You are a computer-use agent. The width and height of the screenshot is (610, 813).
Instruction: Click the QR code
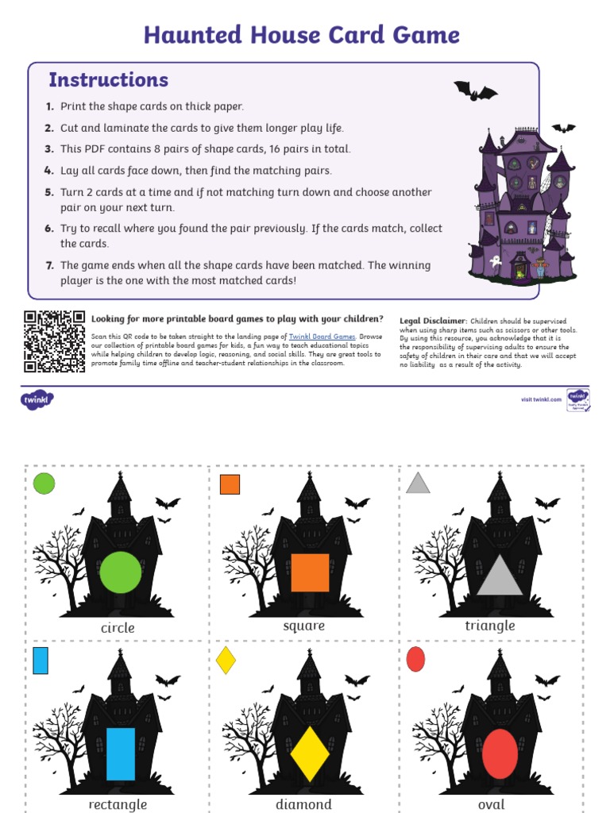54,341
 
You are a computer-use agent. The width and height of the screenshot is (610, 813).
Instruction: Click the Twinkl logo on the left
37,399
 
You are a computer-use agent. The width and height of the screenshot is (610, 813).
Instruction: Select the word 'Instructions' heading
108,80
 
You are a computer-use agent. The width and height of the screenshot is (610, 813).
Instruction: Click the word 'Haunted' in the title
193,35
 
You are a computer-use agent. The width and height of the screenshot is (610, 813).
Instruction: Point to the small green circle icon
44,484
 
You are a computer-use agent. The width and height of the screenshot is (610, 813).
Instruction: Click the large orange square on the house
310,572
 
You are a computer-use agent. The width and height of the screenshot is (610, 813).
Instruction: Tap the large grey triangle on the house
500,577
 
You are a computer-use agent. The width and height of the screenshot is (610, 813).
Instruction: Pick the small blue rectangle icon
41,661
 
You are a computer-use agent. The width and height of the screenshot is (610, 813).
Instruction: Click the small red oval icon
415,659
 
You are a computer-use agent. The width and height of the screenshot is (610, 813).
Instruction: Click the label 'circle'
118,628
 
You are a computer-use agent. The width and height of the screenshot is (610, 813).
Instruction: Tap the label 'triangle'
490,626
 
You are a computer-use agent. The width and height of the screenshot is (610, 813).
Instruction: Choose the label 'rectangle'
118,804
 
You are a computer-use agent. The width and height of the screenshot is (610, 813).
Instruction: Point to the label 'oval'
491,804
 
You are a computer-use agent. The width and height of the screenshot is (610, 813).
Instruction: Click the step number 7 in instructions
49,266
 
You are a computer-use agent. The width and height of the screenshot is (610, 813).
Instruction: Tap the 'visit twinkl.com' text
541,399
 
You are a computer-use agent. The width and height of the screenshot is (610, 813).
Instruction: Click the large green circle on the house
121,572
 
